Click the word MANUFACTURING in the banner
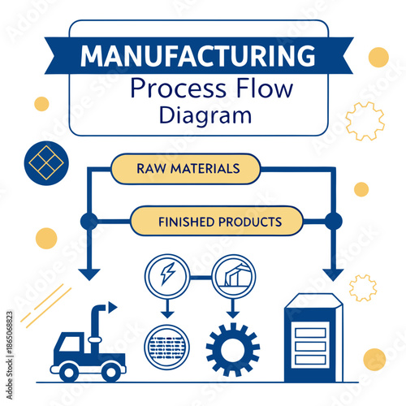coord(198,56)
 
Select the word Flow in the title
coord(259,88)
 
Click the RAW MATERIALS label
coord(188,169)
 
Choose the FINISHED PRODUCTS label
coord(219,221)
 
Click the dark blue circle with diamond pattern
coord(45,162)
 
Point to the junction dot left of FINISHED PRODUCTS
coord(89,221)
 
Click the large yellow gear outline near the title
coord(365,121)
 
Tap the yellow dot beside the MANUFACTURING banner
coord(378,57)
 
